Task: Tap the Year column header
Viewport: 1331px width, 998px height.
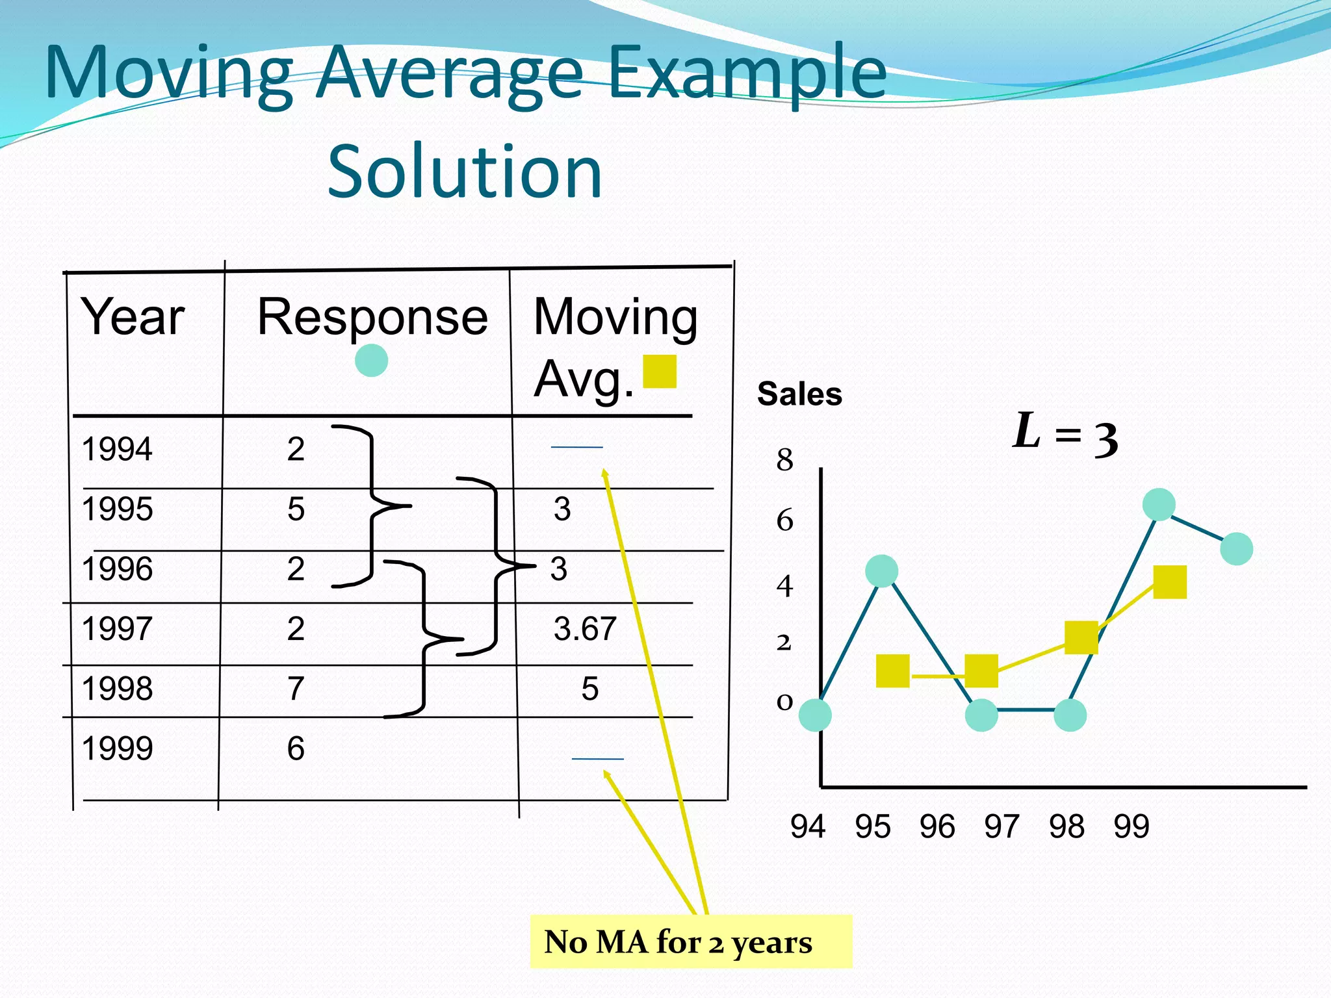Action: coord(133,316)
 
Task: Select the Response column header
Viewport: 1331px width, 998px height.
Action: coord(372,316)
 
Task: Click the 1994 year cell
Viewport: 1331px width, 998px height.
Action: coord(117,449)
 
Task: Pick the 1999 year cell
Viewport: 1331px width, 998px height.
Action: coord(117,748)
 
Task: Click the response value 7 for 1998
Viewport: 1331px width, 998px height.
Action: coord(296,688)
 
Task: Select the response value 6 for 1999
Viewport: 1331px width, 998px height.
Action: coord(296,748)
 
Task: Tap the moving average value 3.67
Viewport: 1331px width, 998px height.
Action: coord(585,628)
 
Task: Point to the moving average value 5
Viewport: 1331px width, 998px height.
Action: coord(589,688)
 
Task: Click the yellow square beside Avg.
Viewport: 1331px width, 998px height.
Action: coord(660,371)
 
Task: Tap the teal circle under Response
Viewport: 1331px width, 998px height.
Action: coord(372,360)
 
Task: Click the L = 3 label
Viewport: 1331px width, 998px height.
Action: coord(1065,434)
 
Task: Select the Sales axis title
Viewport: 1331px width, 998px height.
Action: coord(799,394)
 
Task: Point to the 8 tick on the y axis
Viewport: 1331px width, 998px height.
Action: coord(784,460)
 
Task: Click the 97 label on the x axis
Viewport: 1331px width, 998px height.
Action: coord(1001,826)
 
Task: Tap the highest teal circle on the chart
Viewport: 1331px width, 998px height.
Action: coord(1159,504)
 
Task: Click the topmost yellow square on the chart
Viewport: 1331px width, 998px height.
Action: coord(1170,582)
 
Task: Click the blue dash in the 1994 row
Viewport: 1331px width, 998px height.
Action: coord(576,447)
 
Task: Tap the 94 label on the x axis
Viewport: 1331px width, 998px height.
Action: coord(808,826)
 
